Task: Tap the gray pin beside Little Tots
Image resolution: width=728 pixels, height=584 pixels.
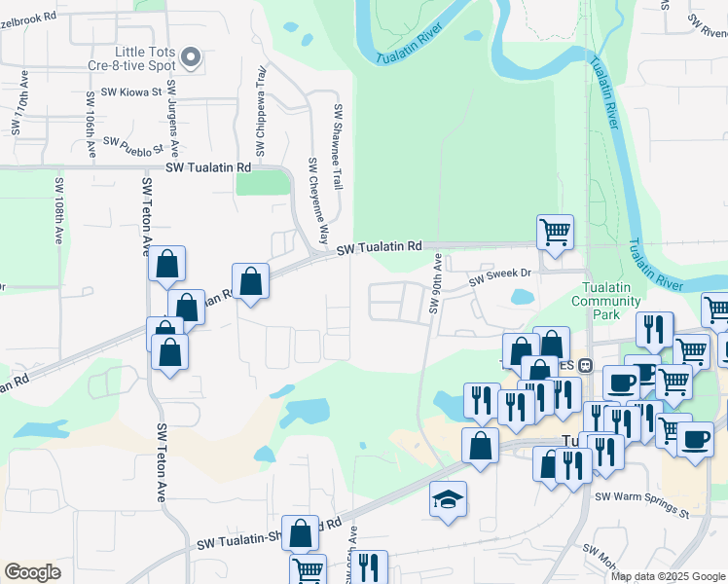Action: tap(192, 58)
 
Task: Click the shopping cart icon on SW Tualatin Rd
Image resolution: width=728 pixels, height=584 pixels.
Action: tap(555, 233)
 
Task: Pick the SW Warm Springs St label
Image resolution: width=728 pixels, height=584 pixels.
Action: tap(641, 503)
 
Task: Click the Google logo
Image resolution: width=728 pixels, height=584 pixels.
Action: tap(33, 571)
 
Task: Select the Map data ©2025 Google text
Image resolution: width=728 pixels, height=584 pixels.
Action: tap(668, 576)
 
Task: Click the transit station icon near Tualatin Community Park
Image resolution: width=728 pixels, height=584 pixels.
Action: tap(585, 366)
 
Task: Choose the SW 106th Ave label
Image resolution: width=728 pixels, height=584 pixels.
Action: tap(91, 129)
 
